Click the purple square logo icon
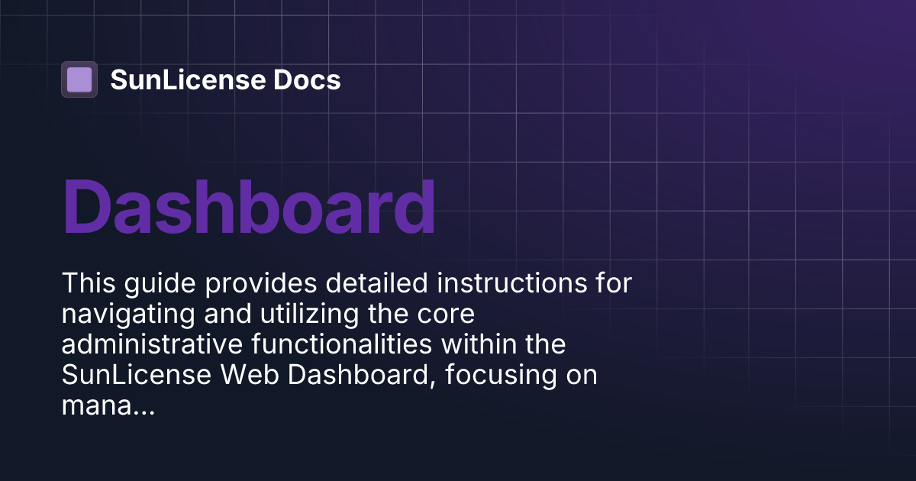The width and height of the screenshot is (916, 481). pyautogui.click(x=79, y=79)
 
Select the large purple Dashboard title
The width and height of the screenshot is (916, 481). pyautogui.click(x=249, y=207)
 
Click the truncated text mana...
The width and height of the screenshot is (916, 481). pyautogui.click(x=108, y=407)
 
